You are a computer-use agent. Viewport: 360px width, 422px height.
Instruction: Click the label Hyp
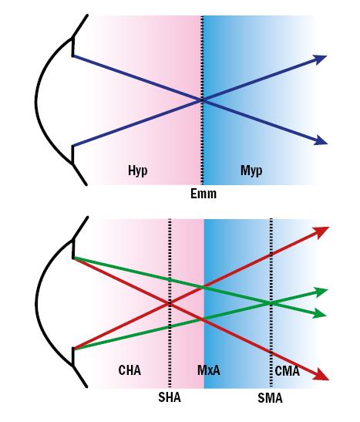tap(138, 170)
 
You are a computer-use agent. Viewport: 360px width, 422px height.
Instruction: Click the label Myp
tap(251, 170)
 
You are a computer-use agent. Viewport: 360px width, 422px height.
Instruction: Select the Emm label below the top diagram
tap(204, 194)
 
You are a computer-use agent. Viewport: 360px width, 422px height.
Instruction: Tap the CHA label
tap(130, 370)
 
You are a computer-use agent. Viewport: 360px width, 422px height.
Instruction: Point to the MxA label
tap(209, 370)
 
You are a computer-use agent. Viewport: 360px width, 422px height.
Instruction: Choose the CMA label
tap(287, 371)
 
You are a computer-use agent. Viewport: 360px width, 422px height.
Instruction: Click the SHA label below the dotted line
tap(170, 397)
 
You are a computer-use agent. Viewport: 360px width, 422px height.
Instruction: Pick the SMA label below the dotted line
tap(270, 398)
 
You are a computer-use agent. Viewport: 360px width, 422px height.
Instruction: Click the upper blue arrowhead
tap(320, 59)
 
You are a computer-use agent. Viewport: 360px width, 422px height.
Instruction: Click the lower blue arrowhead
tap(321, 140)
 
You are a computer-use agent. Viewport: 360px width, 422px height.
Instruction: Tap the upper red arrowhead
tap(321, 231)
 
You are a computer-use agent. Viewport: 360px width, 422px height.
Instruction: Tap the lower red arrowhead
tap(321, 375)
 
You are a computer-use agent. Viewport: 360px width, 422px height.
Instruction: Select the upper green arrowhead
tap(321, 292)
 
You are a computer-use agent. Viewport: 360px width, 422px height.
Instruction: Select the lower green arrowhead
tap(320, 313)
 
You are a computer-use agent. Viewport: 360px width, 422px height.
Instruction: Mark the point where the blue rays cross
tap(203, 100)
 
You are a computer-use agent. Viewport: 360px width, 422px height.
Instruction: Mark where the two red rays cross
tap(170, 303)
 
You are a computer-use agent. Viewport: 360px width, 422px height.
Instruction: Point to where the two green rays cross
tap(271, 303)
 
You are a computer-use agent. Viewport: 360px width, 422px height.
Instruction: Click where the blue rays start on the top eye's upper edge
tap(73, 56)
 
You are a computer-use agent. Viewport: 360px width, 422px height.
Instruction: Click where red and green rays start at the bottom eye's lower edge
tap(73, 349)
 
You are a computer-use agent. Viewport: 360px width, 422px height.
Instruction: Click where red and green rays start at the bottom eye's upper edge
tap(73, 258)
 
